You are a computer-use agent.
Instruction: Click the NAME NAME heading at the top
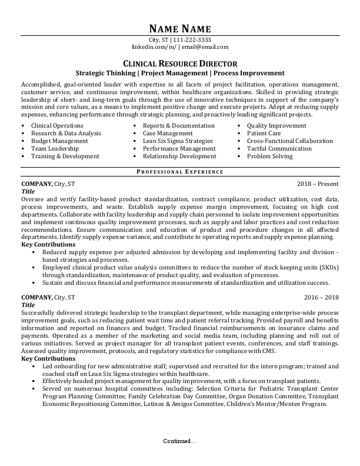(179, 29)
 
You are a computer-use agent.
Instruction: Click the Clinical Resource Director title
(179, 64)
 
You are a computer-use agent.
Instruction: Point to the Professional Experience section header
(179, 172)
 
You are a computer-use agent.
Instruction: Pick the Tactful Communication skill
(279, 149)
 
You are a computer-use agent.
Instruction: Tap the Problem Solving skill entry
(271, 157)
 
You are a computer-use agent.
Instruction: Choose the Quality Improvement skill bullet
(276, 126)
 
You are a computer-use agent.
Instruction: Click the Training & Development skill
(65, 157)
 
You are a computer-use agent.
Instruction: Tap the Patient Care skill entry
(264, 134)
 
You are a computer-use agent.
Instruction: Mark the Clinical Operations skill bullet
(57, 126)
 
